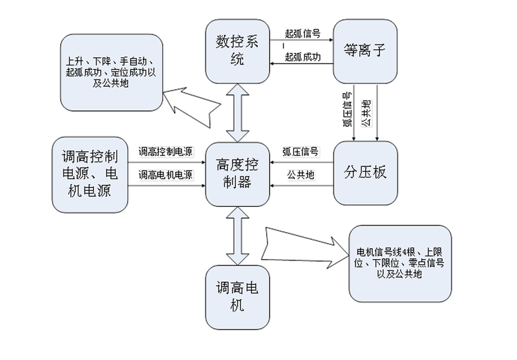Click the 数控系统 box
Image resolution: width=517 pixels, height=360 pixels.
tap(237, 51)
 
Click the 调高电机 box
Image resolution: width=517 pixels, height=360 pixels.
tap(237, 297)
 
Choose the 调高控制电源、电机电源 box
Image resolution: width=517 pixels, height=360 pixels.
tap(90, 174)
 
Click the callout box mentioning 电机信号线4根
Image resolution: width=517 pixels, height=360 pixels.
tap(399, 263)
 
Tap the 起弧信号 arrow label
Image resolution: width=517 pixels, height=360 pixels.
tap(302, 34)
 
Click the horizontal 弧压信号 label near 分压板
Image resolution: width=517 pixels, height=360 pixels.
tap(301, 152)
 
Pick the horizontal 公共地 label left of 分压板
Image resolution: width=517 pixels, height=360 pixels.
tap(301, 175)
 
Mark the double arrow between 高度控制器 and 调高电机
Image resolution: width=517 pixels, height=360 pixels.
tap(237, 235)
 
